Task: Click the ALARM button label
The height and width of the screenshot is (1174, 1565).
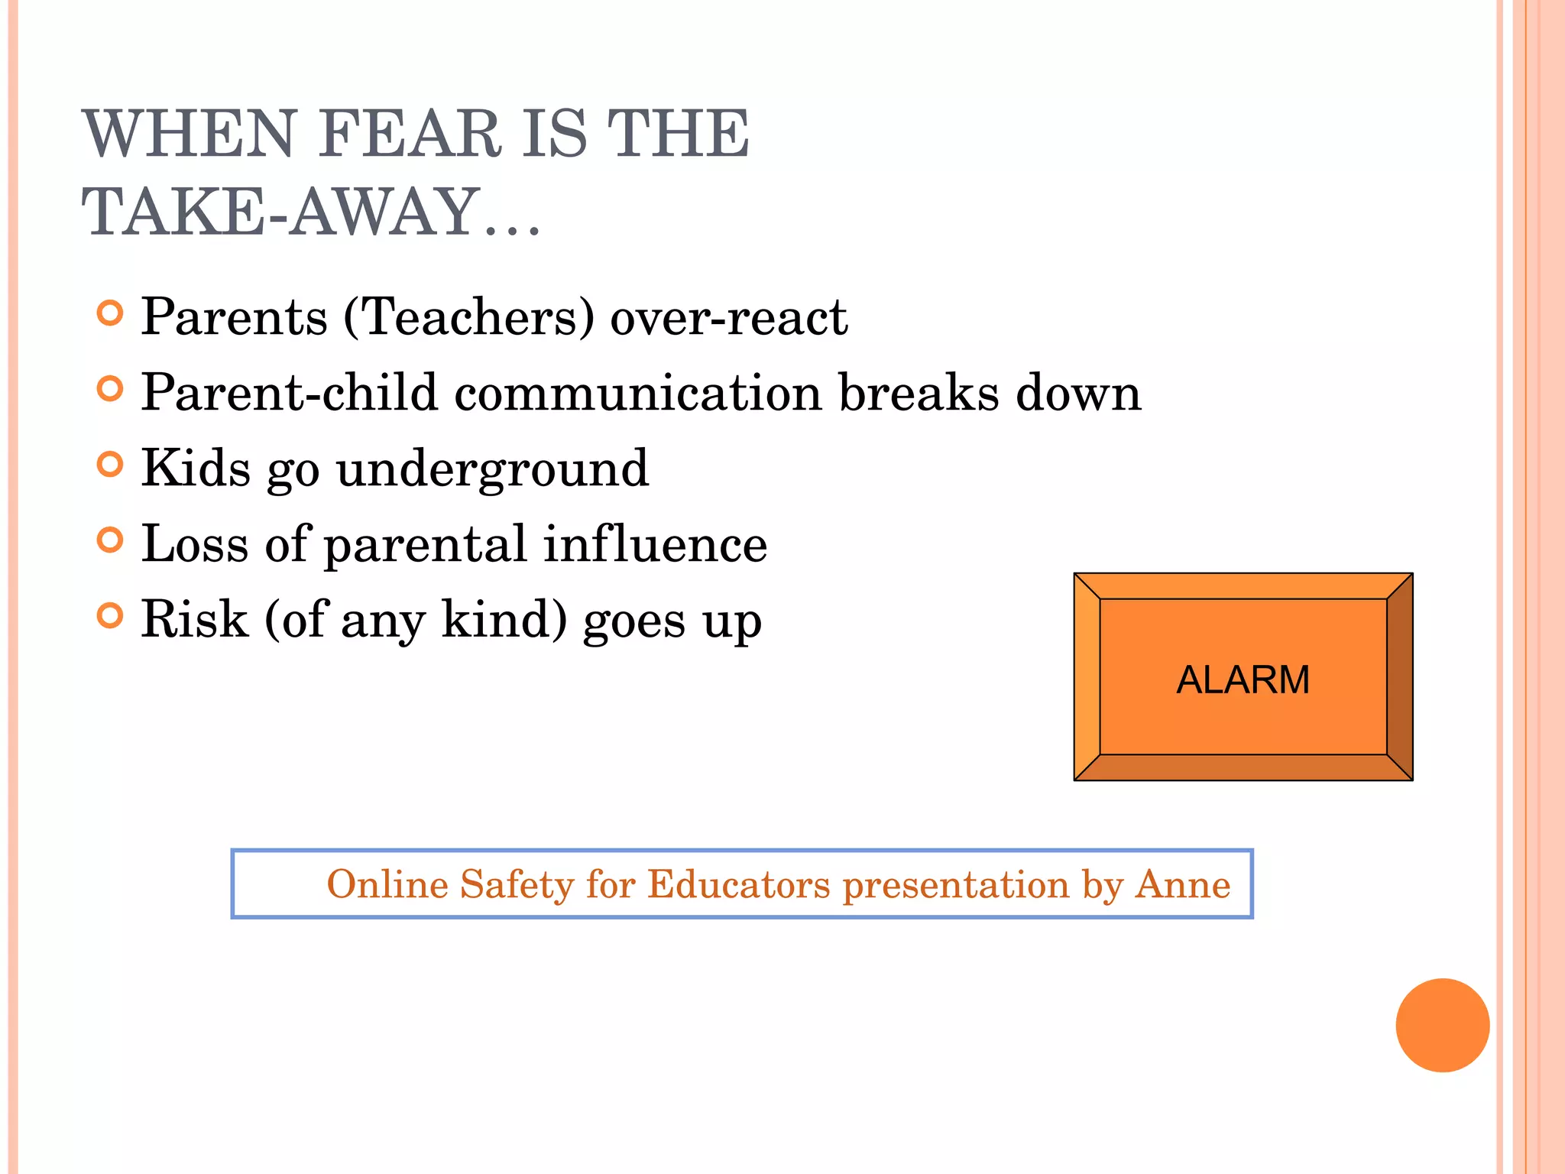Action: point(1243,679)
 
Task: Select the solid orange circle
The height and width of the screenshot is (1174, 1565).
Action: point(1442,1025)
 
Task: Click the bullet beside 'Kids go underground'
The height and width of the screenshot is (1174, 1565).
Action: point(110,465)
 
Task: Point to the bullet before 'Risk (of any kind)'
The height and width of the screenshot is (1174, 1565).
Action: point(110,615)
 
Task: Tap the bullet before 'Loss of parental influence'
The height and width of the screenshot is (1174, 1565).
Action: point(110,540)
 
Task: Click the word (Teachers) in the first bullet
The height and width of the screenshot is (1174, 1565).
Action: point(468,317)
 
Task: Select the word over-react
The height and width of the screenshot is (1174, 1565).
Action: point(728,317)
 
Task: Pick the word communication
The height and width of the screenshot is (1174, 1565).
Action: point(637,393)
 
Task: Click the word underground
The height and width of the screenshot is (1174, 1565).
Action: point(492,469)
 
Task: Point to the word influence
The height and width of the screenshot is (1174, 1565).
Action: point(655,543)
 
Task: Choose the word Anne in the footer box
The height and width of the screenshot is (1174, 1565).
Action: point(1183,884)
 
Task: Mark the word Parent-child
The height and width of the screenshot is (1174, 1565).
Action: point(289,393)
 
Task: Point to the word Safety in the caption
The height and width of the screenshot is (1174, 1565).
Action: point(517,884)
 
